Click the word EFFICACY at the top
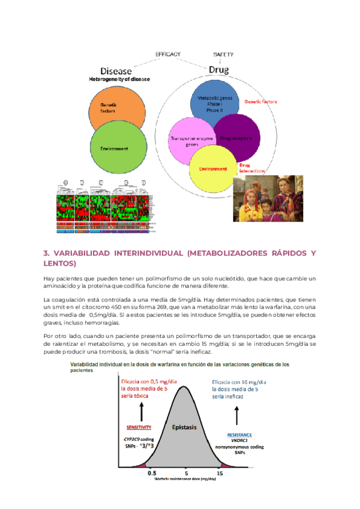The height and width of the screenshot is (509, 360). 168,55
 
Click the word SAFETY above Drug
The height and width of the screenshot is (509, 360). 223,55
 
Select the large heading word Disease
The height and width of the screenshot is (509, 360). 120,70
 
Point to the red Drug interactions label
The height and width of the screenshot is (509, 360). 252,168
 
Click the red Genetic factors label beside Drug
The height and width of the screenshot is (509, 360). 260,102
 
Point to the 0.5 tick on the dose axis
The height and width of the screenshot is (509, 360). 152,473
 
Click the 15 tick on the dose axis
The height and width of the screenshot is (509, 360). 220,473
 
